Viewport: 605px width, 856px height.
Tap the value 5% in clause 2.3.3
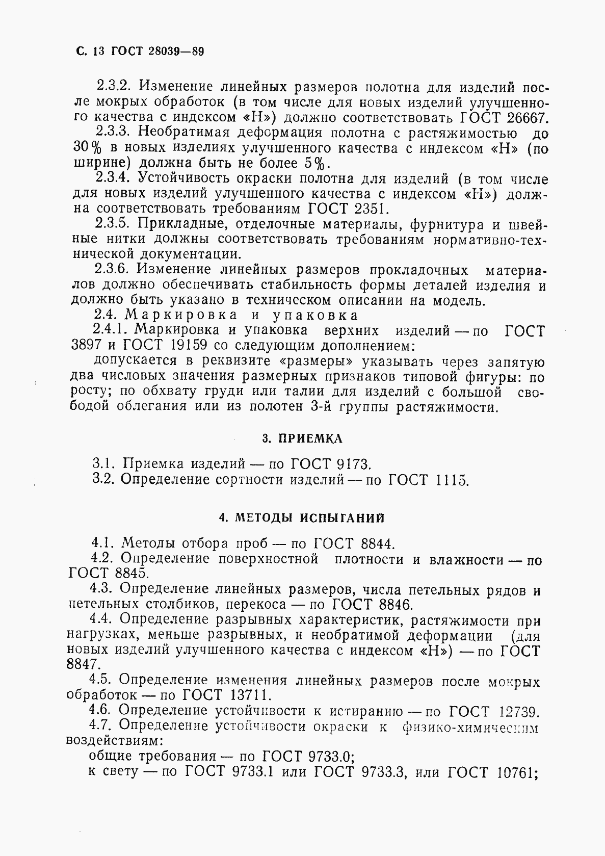(317, 164)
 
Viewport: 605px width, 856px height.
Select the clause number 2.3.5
(113, 224)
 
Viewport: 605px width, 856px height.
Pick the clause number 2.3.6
(113, 270)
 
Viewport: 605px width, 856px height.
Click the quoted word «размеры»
(315, 361)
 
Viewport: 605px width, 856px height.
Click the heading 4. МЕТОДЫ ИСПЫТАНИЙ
(302, 518)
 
